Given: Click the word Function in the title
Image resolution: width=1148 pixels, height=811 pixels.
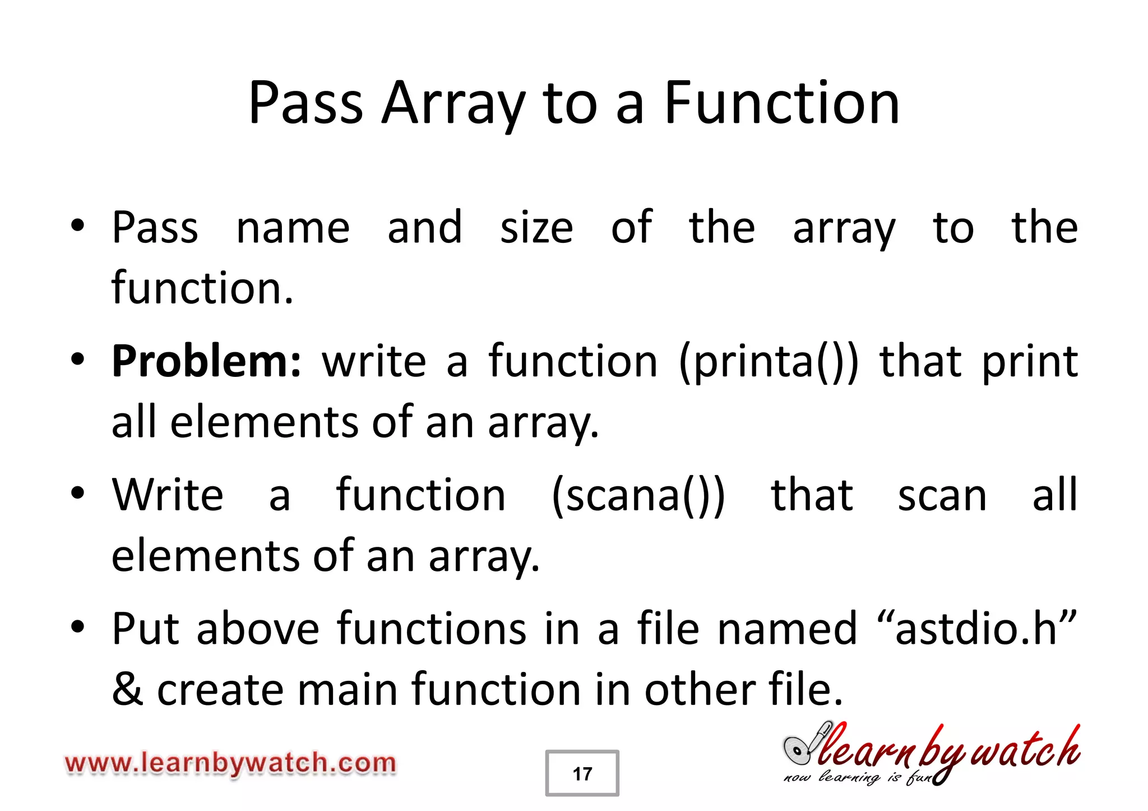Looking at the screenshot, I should tap(781, 103).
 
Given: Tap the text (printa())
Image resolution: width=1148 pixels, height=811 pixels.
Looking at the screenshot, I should tap(767, 362).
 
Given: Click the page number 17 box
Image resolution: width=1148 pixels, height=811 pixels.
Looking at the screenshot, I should tap(582, 773).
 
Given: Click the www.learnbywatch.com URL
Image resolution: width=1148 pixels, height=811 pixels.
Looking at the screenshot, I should tap(230, 763).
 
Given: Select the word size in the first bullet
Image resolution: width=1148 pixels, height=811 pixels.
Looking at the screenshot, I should tap(536, 228).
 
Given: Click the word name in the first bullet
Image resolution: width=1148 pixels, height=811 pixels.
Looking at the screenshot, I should tap(293, 228).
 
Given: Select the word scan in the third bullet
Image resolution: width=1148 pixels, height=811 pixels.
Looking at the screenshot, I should tap(942, 496).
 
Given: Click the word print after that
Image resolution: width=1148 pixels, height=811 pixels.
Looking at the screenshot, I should tap(1029, 362).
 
